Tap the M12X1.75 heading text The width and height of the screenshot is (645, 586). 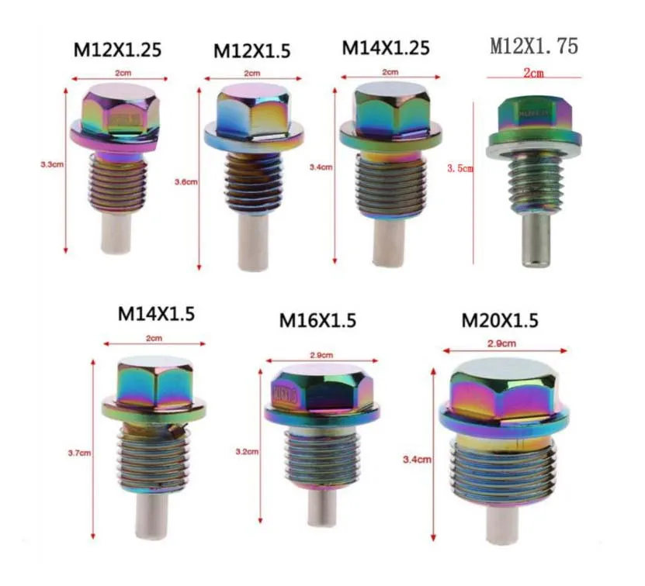[533, 47]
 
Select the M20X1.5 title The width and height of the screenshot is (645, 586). [499, 319]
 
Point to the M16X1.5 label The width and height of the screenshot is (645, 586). [317, 319]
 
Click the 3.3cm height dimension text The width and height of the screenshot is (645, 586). [52, 165]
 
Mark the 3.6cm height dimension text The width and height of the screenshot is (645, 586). [187, 182]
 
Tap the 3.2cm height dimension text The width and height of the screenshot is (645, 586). [248, 450]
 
